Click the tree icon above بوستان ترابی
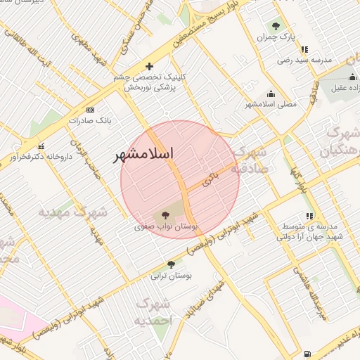point(171,264)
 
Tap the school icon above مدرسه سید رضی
point(304,49)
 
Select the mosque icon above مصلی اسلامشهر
point(271,94)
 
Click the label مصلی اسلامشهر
point(271,105)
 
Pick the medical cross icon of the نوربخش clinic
point(150,66)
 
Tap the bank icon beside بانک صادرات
point(90,110)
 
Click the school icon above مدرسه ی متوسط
point(309,216)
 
